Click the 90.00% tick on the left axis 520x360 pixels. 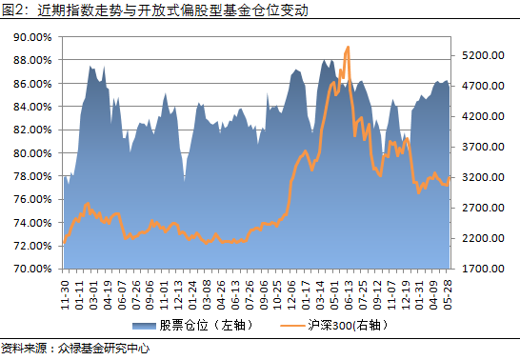pos(31,36)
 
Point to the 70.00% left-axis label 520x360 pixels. pos(31,269)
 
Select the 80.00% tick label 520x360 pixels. pos(31,152)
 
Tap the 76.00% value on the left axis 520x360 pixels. pos(31,199)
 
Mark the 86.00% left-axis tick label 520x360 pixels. pos(31,83)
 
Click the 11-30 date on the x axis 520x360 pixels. pos(65,290)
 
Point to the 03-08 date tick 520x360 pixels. pos(206,290)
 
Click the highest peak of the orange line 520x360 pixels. pos(349,47)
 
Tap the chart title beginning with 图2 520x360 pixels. pos(133,10)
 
